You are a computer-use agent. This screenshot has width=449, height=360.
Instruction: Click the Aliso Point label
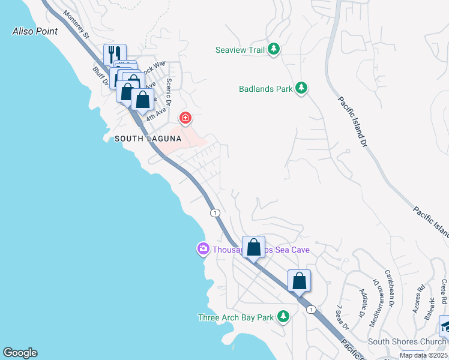(x=35, y=31)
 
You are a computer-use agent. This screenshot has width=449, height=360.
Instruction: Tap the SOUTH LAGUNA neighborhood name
(x=148, y=139)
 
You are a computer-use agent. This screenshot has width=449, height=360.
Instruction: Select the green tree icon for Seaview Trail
(x=274, y=50)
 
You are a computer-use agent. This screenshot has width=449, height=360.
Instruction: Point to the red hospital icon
(x=185, y=118)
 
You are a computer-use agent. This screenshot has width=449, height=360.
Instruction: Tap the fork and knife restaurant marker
(x=115, y=54)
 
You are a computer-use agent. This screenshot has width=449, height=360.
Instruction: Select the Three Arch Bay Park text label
(x=236, y=317)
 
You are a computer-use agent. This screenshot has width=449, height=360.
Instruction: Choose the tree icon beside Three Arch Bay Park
(x=283, y=317)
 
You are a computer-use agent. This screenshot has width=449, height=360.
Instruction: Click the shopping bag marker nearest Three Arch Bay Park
(x=299, y=281)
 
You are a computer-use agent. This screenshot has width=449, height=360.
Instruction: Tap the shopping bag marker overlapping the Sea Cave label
(x=253, y=247)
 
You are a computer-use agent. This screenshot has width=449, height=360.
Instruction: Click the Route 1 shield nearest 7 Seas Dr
(x=310, y=309)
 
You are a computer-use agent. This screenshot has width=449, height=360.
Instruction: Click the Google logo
(x=20, y=353)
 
